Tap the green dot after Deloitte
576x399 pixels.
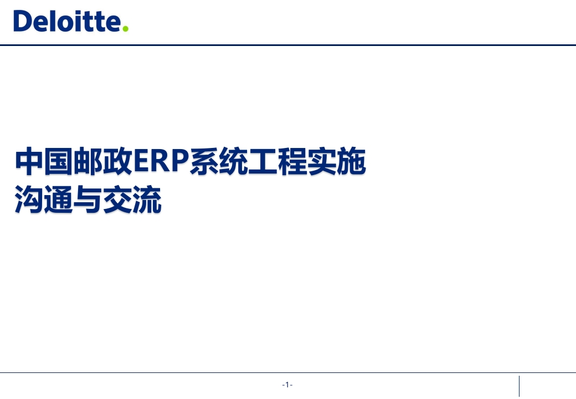125,28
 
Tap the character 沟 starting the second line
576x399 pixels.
29,199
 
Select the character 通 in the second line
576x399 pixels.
59,199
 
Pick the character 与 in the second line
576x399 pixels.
88,199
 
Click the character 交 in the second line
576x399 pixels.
117,199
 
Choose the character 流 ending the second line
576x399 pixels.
147,199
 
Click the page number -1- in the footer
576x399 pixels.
287,385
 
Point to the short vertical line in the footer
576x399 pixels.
519,386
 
